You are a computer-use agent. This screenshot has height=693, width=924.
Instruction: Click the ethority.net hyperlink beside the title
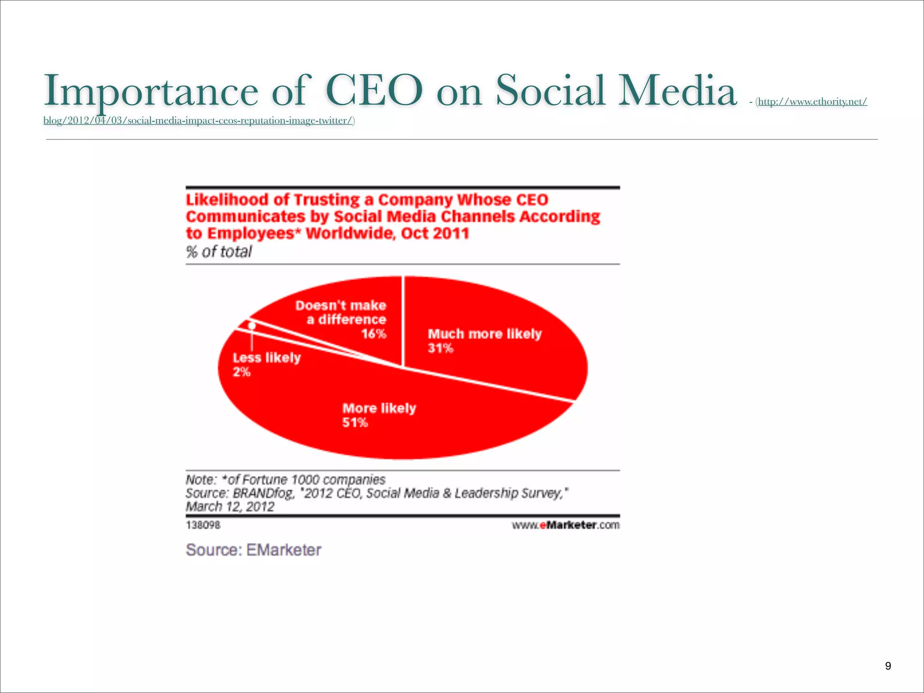pos(812,102)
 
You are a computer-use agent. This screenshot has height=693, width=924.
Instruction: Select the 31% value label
pos(440,348)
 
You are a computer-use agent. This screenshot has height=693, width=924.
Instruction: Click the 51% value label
pos(355,423)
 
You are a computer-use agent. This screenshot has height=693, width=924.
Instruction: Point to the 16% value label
pos(374,334)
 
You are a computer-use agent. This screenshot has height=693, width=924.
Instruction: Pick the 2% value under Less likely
pos(241,372)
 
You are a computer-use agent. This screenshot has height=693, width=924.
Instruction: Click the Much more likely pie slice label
pos(485,334)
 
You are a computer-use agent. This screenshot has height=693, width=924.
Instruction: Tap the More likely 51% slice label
pos(379,408)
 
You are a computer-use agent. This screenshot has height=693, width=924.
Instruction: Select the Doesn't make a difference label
pos(341,313)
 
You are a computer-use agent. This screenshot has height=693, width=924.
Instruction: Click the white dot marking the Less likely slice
pos(252,325)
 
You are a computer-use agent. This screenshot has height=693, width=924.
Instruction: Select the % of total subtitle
pos(219,252)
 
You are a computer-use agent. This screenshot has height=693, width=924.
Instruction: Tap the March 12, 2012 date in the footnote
pos(230,507)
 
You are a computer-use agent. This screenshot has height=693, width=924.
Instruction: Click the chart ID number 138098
pos(203,525)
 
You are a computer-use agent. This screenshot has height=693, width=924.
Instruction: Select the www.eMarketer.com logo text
pos(566,525)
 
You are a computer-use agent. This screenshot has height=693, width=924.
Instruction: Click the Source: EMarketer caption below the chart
pos(254,550)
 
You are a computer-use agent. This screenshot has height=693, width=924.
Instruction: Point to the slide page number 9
pos(888,666)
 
